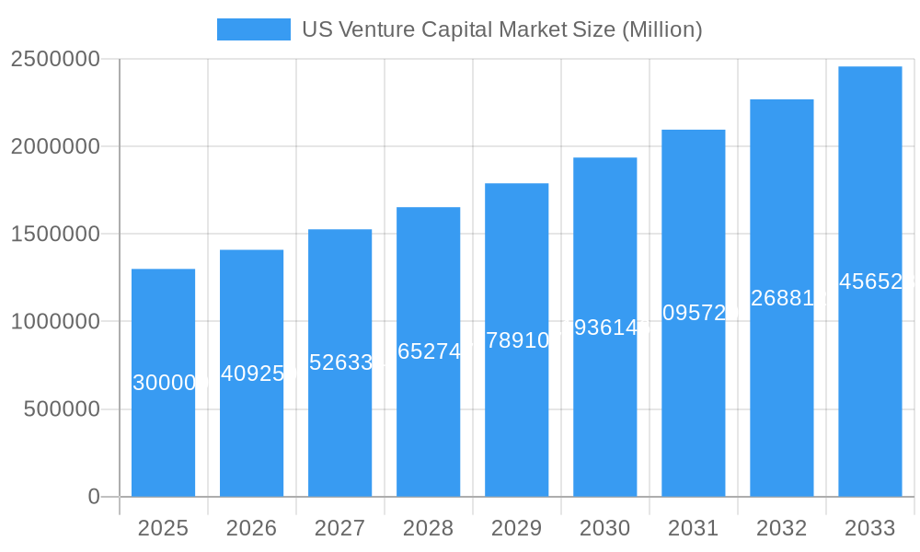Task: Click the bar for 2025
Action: pos(163,432)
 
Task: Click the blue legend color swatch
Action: pos(253,29)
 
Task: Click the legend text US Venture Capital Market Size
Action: pos(501,29)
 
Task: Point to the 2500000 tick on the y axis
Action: pos(55,59)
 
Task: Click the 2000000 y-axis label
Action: pos(55,146)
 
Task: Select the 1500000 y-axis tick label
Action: pos(55,234)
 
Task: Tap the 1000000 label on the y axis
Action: pos(55,321)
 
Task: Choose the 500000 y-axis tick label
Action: pos(62,408)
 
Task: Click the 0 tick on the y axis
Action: pos(93,497)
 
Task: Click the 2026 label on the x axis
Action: pos(251,528)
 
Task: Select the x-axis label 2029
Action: pos(516,528)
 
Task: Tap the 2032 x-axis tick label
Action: pos(781,528)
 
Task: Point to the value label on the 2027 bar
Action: pos(339,362)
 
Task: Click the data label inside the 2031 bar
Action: pos(693,313)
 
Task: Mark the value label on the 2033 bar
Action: pos(869,282)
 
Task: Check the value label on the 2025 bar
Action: pos(163,383)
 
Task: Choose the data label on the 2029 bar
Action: pos(516,340)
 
